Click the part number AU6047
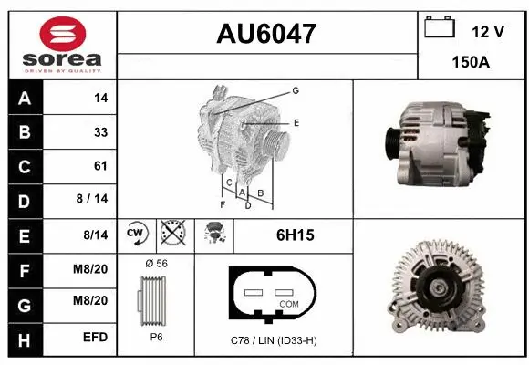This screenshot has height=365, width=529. [x=266, y=34]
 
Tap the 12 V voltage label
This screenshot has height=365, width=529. [x=488, y=32]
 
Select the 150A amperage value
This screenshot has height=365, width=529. [x=471, y=63]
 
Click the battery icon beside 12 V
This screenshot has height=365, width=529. [x=440, y=27]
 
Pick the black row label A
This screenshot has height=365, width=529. [x=25, y=98]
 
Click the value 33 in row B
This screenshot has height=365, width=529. [x=100, y=132]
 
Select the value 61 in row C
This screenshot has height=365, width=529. [x=100, y=166]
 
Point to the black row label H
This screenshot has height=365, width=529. [x=25, y=338]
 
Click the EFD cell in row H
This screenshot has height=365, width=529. [x=95, y=338]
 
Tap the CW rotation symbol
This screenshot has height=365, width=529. [x=136, y=235]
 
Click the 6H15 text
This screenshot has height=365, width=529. [x=295, y=235]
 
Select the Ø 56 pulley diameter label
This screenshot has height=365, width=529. [x=155, y=264]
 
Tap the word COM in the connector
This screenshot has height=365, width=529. [x=289, y=303]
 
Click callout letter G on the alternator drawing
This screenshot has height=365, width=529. [x=296, y=90]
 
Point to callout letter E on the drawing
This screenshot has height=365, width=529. [x=296, y=122]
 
